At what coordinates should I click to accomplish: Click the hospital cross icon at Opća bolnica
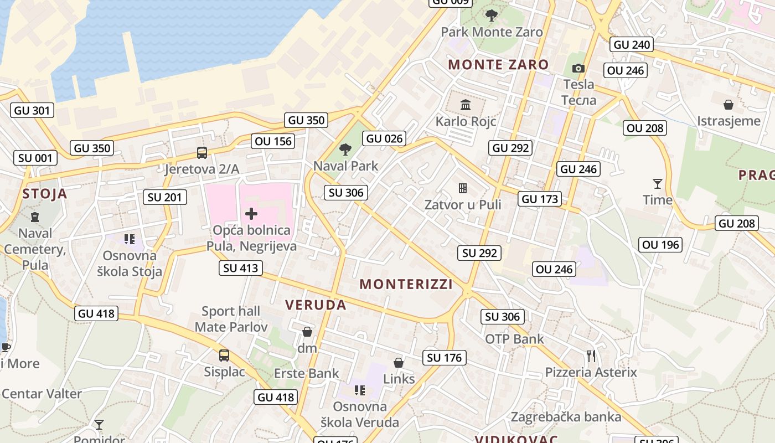point(251,214)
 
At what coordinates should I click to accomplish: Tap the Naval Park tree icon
point(345,149)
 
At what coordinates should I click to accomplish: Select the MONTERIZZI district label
point(406,284)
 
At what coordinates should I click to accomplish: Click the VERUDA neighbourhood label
point(316,305)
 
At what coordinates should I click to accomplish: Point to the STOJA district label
point(45,194)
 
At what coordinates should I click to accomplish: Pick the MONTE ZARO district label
point(498,64)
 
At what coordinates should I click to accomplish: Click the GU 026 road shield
point(385,138)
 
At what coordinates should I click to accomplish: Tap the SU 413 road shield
point(240,269)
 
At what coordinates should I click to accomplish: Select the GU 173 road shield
point(540,199)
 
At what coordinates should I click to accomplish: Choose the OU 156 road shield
point(273,141)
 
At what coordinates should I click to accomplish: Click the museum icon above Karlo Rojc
point(465,105)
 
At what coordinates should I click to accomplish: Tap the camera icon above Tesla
point(578,68)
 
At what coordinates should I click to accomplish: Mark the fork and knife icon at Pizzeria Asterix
point(591,356)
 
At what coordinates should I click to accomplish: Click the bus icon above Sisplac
point(224,355)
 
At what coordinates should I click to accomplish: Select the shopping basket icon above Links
point(399,363)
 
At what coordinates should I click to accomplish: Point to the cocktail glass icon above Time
point(657,183)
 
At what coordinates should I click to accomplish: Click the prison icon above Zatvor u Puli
point(463,188)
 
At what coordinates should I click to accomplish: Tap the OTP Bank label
point(514,339)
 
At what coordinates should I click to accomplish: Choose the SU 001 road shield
point(35,158)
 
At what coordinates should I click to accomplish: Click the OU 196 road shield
point(661,245)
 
